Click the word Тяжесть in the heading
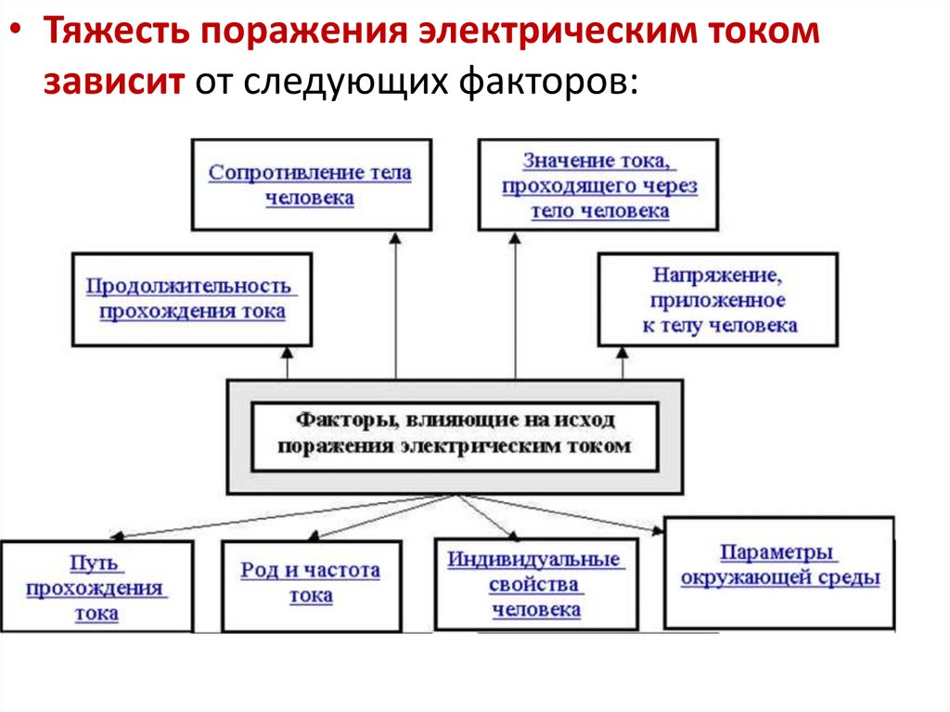pos(116,31)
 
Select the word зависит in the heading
pos(114,83)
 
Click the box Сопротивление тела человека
pos(312,185)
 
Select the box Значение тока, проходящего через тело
pos(598,185)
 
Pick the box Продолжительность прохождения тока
pos(192,300)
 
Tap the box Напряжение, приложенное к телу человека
pos(718,300)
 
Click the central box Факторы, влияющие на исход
pos(455,436)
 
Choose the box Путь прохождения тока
pos(96,587)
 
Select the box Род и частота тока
pos(312,587)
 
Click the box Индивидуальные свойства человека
pos(537,584)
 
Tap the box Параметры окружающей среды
pos(779,573)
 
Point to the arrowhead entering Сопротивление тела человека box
pos(395,239)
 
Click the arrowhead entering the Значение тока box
pos(515,239)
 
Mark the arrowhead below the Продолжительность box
pos(288,353)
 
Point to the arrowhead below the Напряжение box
pos(623,353)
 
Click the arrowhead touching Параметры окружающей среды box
pos(658,531)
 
